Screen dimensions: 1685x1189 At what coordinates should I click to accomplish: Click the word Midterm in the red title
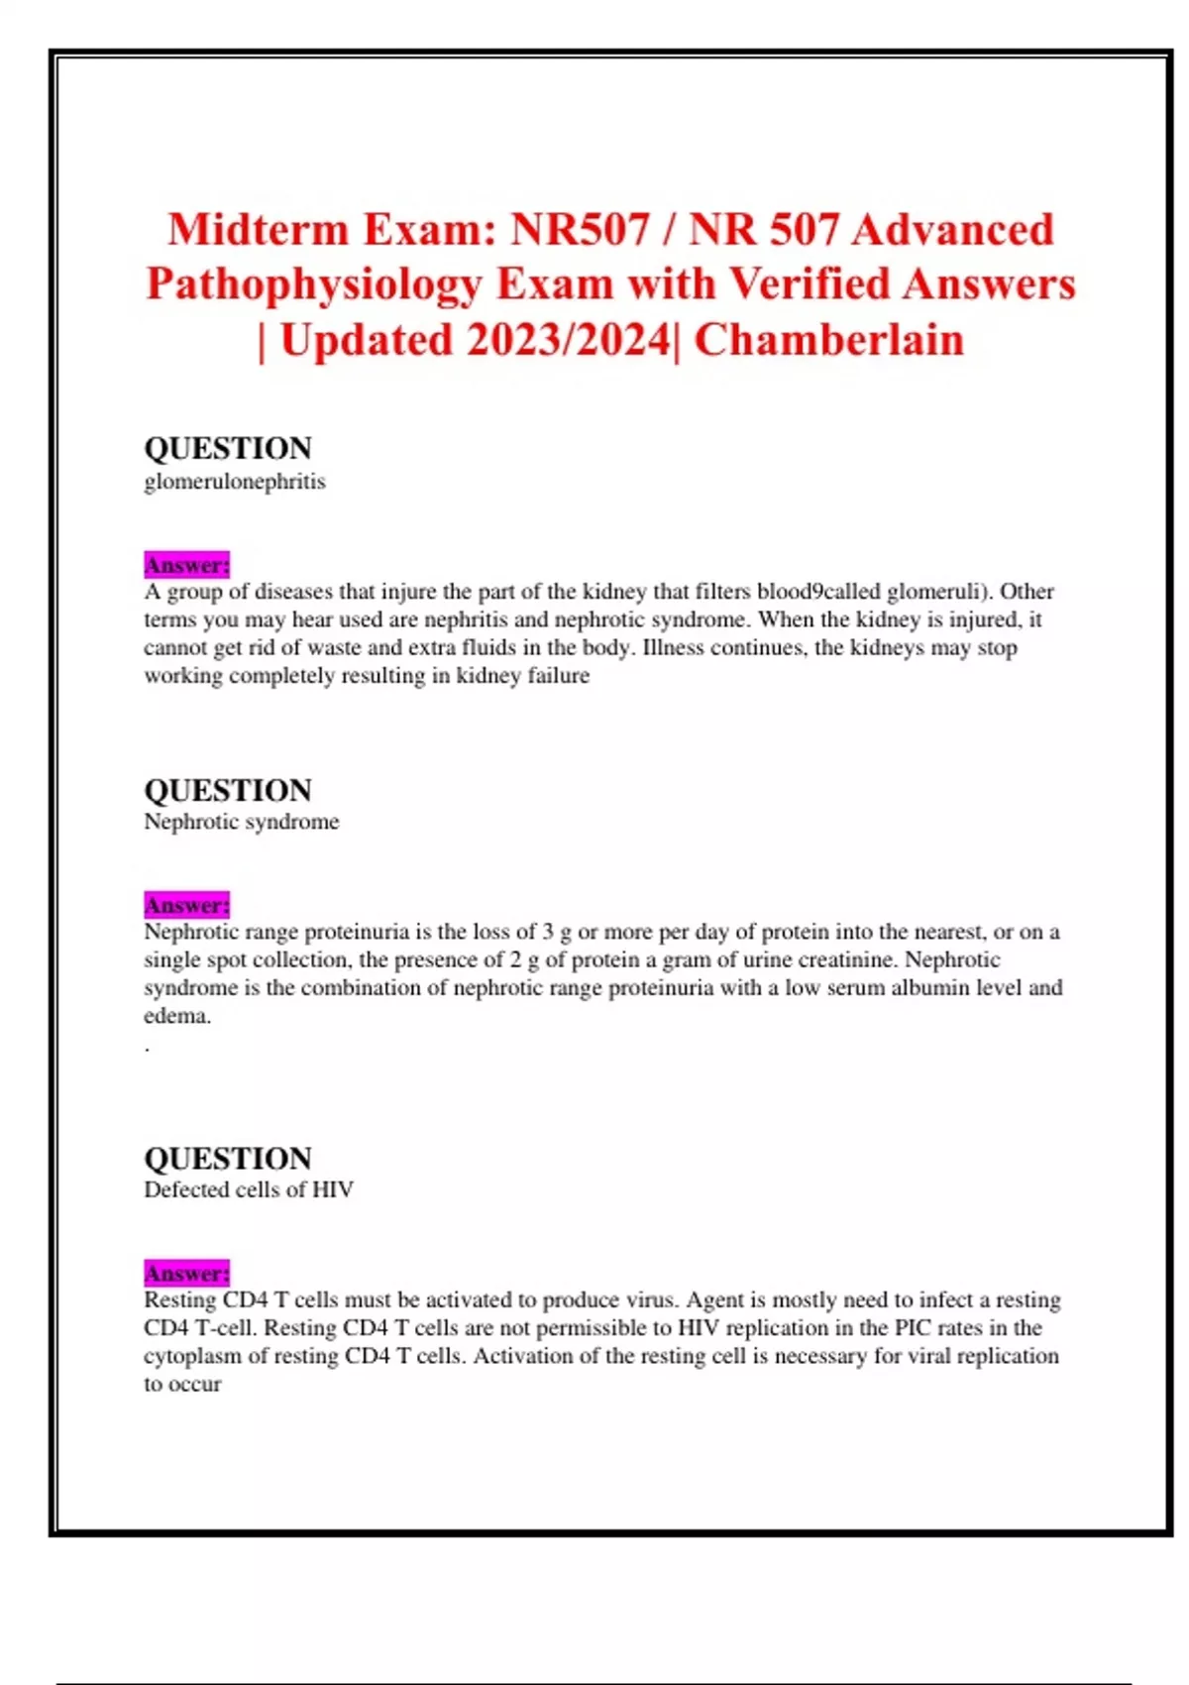259,230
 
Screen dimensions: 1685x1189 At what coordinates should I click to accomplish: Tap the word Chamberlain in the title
828,340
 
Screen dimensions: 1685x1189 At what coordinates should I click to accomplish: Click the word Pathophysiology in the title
313,284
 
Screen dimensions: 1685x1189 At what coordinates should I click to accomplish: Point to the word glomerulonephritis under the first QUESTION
235,482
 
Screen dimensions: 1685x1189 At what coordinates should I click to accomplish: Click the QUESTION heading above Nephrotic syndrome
228,790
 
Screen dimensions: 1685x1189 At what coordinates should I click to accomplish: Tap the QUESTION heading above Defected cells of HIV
228,1158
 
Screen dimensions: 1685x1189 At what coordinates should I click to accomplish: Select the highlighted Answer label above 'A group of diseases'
186,565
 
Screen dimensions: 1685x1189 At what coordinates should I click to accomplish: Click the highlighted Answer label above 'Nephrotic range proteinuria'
186,905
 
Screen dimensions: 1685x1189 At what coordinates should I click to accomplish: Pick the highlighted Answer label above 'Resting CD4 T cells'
186,1273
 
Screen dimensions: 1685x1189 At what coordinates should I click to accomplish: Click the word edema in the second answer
175,1016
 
